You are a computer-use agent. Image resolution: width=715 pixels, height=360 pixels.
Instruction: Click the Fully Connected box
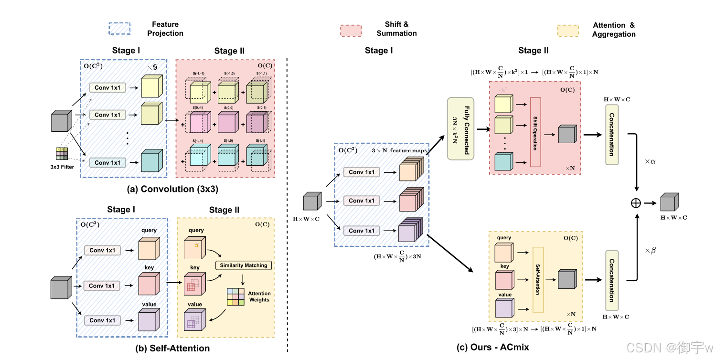click(460, 128)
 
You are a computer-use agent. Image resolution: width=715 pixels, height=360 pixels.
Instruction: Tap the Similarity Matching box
click(244, 265)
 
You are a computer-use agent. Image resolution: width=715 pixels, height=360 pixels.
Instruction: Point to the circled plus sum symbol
click(636, 203)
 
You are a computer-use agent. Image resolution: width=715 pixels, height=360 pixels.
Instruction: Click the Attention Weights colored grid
click(236, 296)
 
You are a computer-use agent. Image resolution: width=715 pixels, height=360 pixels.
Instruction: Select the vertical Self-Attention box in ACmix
click(538, 279)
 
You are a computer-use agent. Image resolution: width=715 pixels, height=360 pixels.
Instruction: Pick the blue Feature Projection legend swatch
click(121, 29)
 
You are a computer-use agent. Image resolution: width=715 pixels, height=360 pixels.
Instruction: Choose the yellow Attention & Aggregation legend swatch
click(568, 30)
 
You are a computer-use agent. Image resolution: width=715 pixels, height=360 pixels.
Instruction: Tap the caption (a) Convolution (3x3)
click(172, 189)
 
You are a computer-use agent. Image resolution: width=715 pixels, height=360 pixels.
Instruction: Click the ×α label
click(650, 162)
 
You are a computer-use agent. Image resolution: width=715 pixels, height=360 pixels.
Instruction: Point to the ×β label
click(650, 250)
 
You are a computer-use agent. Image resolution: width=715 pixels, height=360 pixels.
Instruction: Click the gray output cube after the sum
click(669, 202)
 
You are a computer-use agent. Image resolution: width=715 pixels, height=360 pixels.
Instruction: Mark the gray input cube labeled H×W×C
click(313, 201)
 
